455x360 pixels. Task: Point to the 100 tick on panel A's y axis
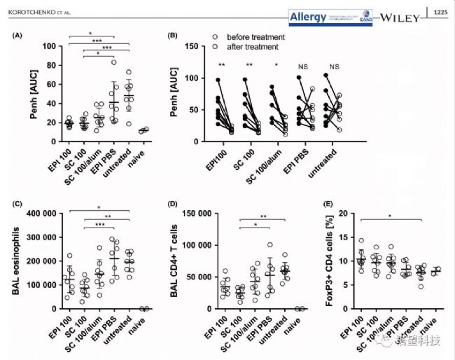coord(48,46)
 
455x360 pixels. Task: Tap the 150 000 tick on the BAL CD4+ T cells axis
coord(195,214)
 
